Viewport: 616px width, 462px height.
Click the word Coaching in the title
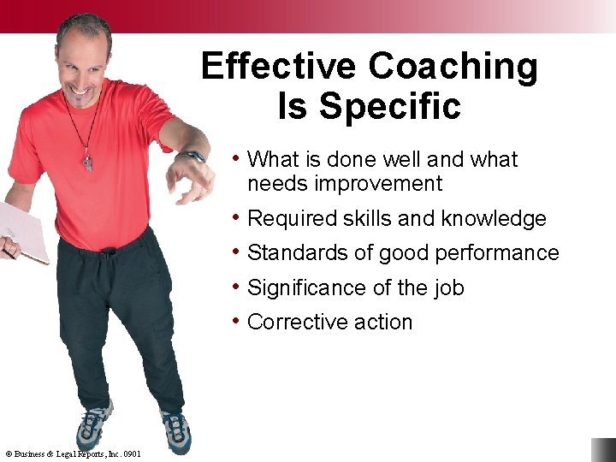pos(454,67)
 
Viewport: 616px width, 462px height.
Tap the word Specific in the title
pos(389,107)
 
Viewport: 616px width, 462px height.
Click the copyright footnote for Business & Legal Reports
pos(73,453)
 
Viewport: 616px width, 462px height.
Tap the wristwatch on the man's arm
pos(193,157)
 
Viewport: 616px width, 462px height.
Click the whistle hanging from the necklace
pos(87,163)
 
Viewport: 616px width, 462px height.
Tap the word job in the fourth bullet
pos(448,288)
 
